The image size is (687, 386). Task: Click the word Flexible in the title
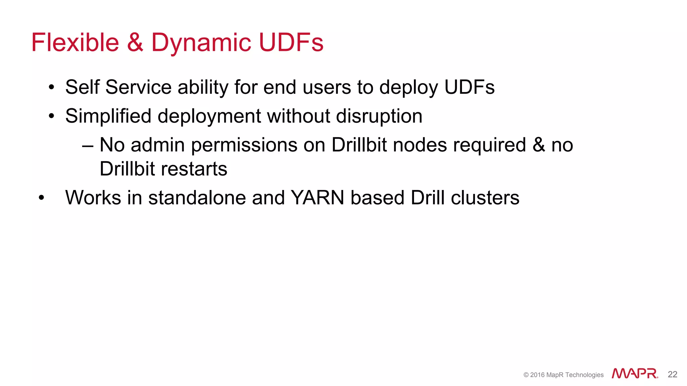(x=75, y=43)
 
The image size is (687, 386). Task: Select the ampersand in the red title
(x=135, y=43)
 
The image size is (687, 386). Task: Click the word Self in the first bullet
(x=82, y=87)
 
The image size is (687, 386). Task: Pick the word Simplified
(x=108, y=116)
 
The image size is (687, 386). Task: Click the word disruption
(x=379, y=116)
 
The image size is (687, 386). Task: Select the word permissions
(x=245, y=145)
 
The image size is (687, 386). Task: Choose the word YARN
(x=317, y=198)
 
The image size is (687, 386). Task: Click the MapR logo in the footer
(x=635, y=374)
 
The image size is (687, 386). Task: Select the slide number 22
(x=673, y=374)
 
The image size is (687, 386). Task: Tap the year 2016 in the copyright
(x=537, y=375)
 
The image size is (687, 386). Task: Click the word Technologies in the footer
(x=584, y=375)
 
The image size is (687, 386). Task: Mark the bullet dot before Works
(x=41, y=198)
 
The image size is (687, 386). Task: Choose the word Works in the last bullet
(x=93, y=198)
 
